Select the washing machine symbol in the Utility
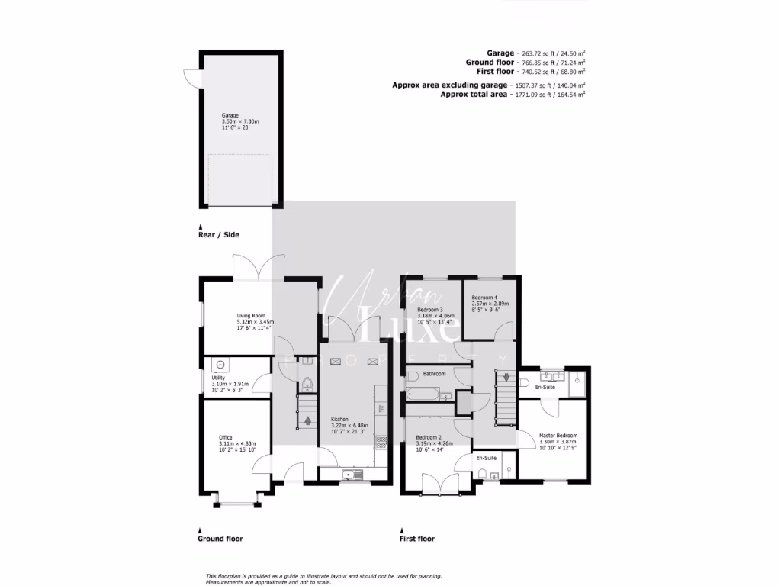220,365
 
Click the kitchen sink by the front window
352,475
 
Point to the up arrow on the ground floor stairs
307,419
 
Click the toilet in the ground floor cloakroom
307,384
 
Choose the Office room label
226,437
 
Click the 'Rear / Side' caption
218,235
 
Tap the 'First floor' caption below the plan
416,539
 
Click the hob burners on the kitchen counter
380,441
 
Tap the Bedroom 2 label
429,437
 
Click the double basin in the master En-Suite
551,375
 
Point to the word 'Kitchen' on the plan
339,420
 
